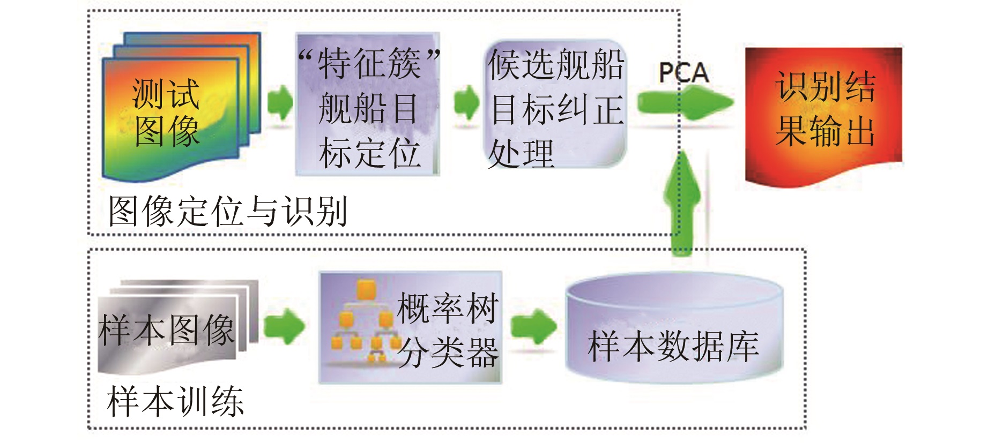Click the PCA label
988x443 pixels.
pos(684,73)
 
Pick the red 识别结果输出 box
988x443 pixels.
pos(824,115)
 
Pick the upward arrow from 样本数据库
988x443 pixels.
pos(682,204)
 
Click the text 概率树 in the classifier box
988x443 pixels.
pos(448,308)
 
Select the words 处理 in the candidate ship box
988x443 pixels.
pos(520,153)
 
